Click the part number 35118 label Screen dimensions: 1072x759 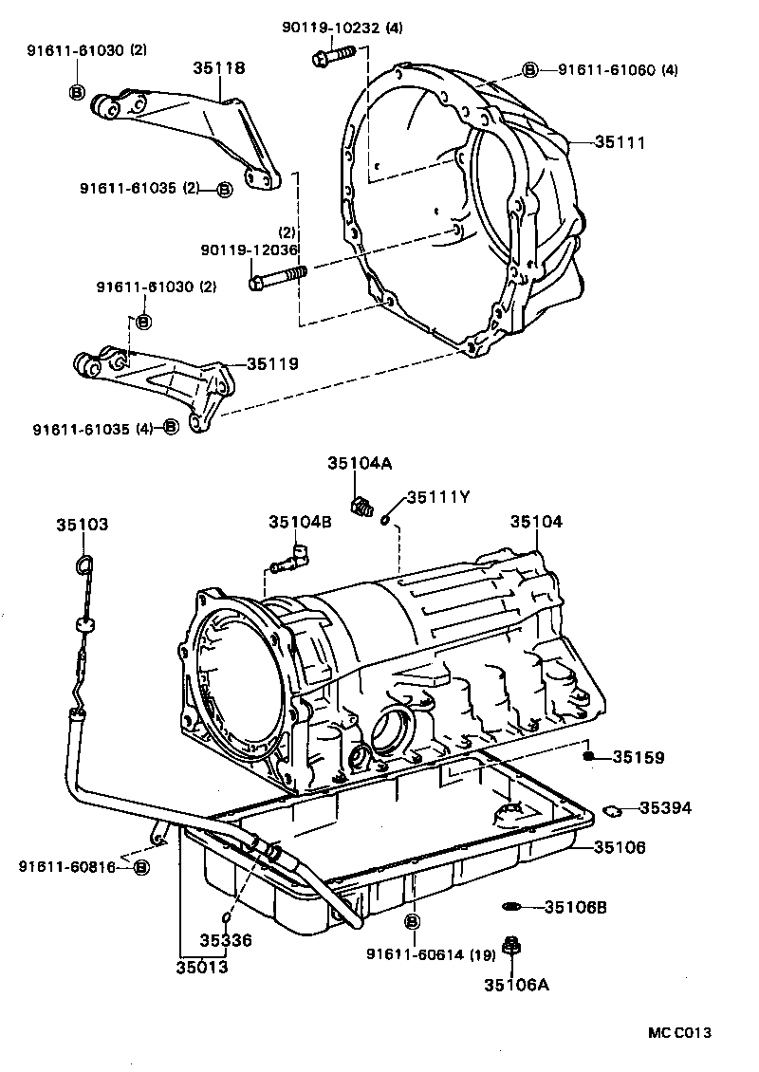tap(219, 68)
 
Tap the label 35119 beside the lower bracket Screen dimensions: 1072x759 tap(272, 363)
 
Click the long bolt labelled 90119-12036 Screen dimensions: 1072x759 tap(279, 278)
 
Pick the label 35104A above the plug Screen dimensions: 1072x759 tap(360, 463)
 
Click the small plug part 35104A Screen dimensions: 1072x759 tap(360, 507)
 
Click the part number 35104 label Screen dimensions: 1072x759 tap(536, 522)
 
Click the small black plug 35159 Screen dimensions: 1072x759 tap(588, 756)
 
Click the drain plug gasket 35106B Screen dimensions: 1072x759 tap(512, 907)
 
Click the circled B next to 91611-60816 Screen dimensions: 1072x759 tap(140, 867)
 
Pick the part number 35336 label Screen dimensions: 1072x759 tap(226, 940)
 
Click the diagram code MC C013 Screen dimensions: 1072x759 tap(679, 1032)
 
